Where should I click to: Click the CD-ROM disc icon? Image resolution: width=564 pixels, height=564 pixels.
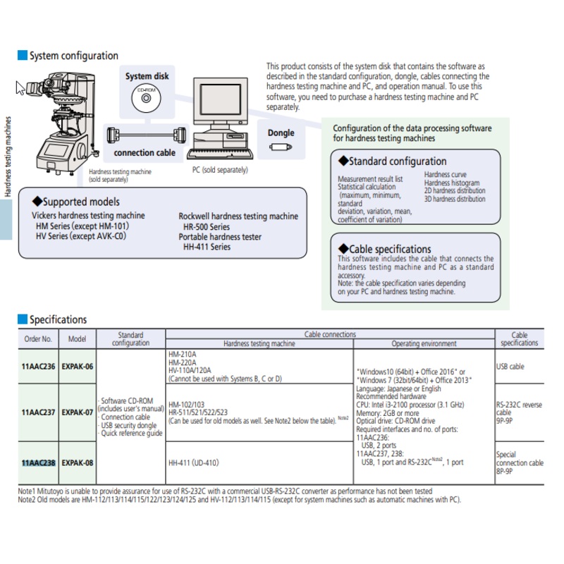tap(146, 98)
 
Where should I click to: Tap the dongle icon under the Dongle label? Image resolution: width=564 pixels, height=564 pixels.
tap(281, 147)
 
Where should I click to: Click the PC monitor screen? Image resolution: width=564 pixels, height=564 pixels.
tap(221, 99)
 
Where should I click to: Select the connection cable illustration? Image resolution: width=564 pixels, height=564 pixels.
tap(147, 135)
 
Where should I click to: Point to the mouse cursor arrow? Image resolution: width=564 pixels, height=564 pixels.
tap(20, 88)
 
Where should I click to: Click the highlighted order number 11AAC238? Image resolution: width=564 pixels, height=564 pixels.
tap(39, 462)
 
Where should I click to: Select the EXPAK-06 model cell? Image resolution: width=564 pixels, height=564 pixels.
tap(78, 366)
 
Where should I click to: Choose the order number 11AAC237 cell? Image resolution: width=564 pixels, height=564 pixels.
tap(38, 412)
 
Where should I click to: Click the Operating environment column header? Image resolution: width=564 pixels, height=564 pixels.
tap(424, 343)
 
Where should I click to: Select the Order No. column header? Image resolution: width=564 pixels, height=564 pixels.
tap(38, 339)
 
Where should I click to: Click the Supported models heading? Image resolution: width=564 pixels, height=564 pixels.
tap(76, 202)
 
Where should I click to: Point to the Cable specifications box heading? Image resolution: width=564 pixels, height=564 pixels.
tap(384, 249)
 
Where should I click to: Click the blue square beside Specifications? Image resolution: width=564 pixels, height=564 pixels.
tap(23, 319)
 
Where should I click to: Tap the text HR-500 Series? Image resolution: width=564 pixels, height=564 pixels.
tap(207, 227)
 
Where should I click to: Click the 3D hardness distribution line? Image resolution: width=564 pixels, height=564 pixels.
tap(455, 199)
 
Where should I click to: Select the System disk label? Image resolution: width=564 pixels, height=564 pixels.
tap(147, 76)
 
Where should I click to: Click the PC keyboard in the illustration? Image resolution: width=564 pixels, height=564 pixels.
tap(220, 154)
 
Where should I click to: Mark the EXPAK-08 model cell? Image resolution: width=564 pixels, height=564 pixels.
tap(78, 462)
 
